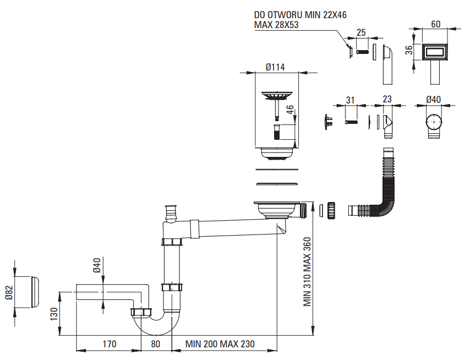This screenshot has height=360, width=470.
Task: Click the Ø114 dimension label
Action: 275,67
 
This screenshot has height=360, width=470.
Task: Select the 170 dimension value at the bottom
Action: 109,345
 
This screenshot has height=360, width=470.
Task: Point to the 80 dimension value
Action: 156,345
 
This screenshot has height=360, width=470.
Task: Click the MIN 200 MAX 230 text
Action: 220,345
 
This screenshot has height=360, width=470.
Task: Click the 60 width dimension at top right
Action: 435,24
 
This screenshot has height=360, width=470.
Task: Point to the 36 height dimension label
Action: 408,50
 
